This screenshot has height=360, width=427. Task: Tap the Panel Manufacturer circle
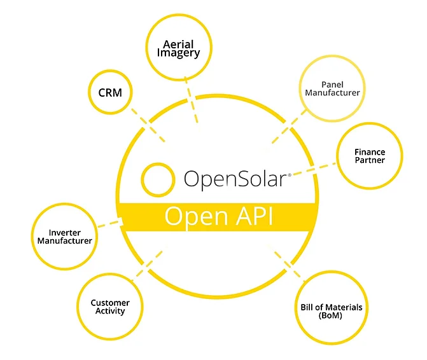coord(332,88)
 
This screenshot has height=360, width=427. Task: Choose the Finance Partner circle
coord(369,156)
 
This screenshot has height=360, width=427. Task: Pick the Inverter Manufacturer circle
coord(64,237)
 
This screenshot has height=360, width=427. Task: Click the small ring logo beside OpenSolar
coord(158,180)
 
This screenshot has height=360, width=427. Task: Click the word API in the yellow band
coord(253,216)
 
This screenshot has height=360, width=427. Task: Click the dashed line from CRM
coord(148,124)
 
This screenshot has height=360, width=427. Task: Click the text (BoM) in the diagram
coord(331,317)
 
